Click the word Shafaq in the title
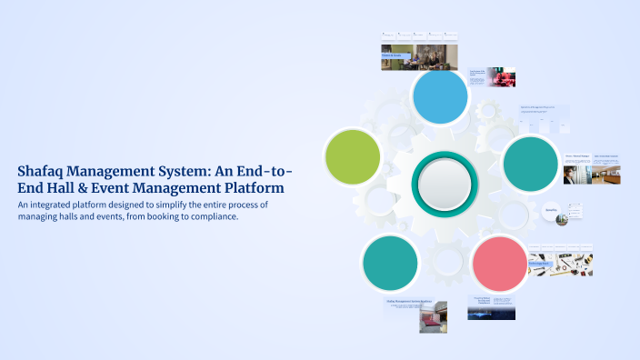pos(45,171)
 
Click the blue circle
pos(439,97)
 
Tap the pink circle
pos(499,262)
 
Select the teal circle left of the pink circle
pos(390,262)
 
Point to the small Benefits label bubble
pos(551,209)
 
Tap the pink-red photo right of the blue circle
pos(500,76)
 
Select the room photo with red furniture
pos(433,316)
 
